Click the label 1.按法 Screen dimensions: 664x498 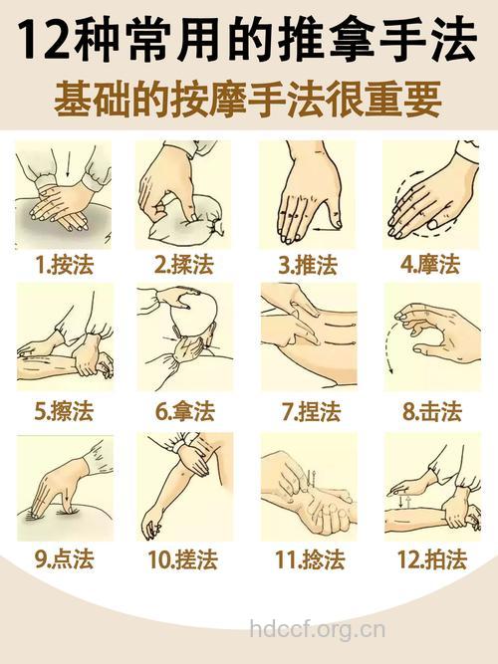click(64, 265)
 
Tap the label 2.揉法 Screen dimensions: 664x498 click(185, 265)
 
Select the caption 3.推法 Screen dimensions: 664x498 click(308, 265)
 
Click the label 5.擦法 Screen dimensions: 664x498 click(64, 411)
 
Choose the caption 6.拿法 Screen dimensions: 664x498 click(185, 411)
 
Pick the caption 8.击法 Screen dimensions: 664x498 click(431, 411)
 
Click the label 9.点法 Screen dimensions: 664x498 click(64, 559)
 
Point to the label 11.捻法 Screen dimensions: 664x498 click(310, 559)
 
